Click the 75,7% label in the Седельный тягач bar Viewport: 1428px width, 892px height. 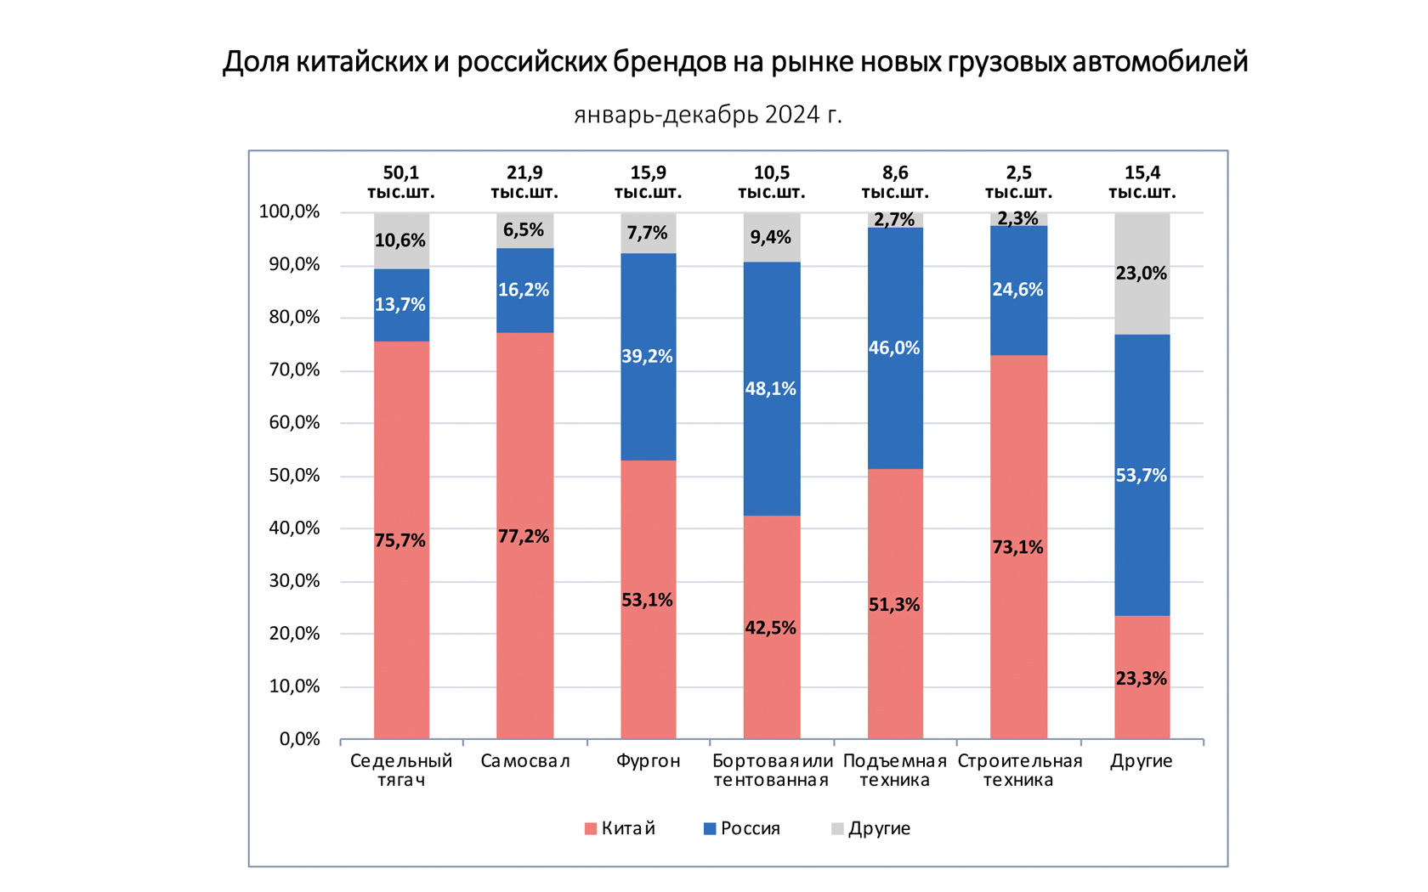[x=400, y=541]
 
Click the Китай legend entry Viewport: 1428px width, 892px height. [x=620, y=828]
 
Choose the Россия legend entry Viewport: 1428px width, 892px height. [x=742, y=828]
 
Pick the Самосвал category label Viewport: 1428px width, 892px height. [x=524, y=761]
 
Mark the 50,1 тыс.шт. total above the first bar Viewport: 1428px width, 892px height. [x=400, y=183]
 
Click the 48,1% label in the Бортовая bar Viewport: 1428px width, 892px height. [x=770, y=389]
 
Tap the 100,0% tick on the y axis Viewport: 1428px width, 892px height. [x=289, y=212]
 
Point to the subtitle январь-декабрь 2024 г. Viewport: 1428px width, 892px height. [x=708, y=114]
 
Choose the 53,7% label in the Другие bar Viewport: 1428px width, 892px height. [x=1141, y=476]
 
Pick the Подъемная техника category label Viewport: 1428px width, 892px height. [x=894, y=771]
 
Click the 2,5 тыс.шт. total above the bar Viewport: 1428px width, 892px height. [x=1018, y=183]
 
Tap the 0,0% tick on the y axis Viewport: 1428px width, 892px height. [x=299, y=739]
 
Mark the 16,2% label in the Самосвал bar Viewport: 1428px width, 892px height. [x=524, y=291]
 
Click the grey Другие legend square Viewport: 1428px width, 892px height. [x=837, y=828]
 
